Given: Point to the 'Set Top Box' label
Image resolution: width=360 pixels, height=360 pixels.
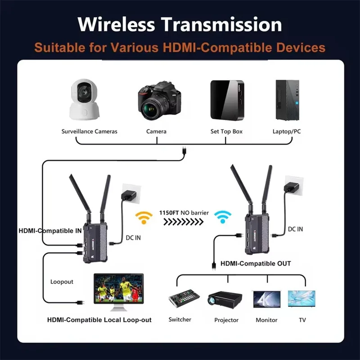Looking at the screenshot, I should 226,131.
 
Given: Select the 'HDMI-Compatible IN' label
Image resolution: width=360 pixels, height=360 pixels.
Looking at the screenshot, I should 49,230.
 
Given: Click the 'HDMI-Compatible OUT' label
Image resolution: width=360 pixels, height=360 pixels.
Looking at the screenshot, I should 255,263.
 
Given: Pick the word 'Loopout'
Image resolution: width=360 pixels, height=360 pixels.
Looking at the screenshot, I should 62,282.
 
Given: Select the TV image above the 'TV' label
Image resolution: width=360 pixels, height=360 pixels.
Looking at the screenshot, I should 301,299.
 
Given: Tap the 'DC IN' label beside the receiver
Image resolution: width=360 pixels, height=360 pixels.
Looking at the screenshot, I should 295,229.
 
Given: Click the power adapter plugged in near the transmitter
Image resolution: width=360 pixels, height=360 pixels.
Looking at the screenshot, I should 129,194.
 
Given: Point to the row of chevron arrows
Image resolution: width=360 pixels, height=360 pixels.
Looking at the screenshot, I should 184,221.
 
